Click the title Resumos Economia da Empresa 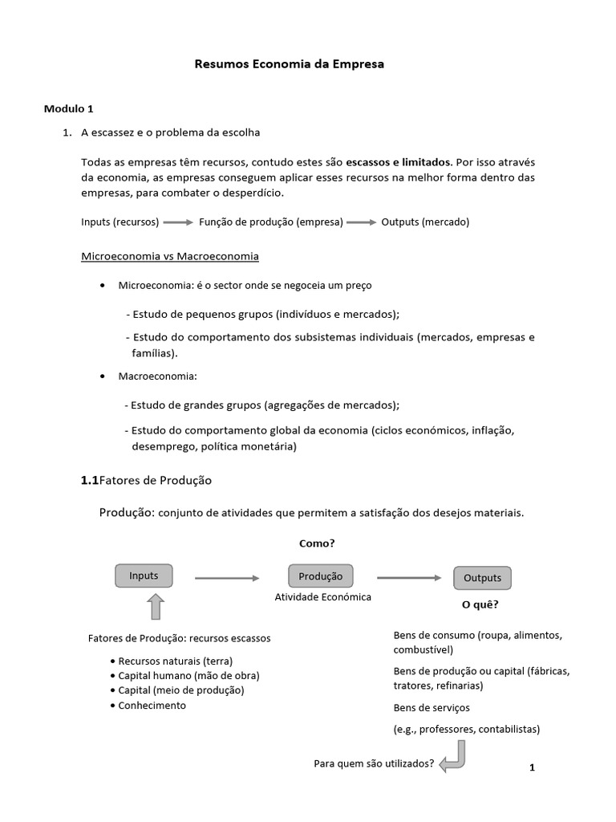[290, 63]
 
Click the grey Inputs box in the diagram [144, 576]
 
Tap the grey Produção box [320, 576]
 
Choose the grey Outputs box [482, 578]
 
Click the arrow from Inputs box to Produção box [228, 577]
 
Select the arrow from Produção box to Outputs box [409, 577]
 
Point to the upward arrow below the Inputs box [156, 608]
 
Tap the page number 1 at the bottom [532, 767]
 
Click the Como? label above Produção [317, 543]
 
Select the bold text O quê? [480, 604]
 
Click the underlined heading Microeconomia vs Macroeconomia [170, 256]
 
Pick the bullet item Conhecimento [152, 705]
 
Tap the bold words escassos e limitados [399, 161]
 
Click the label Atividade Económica [322, 598]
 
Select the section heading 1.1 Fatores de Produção [146, 480]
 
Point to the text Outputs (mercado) [425, 222]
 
